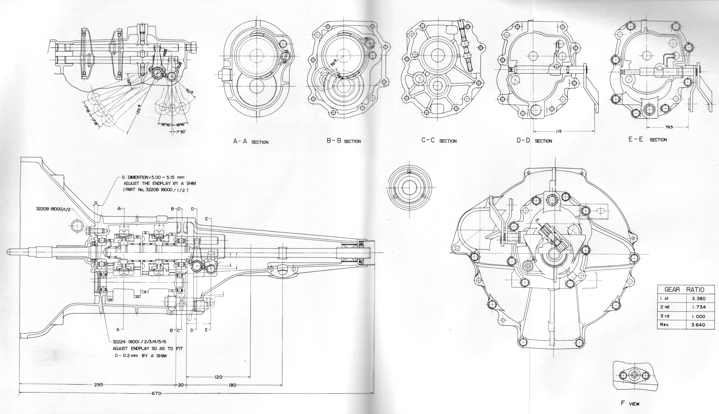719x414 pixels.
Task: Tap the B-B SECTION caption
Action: [344, 141]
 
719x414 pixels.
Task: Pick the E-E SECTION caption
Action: [648, 140]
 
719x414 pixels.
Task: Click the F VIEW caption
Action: [630, 403]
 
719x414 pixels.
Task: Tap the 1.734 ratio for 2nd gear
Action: [698, 307]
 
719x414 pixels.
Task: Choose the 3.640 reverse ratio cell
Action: [698, 325]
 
